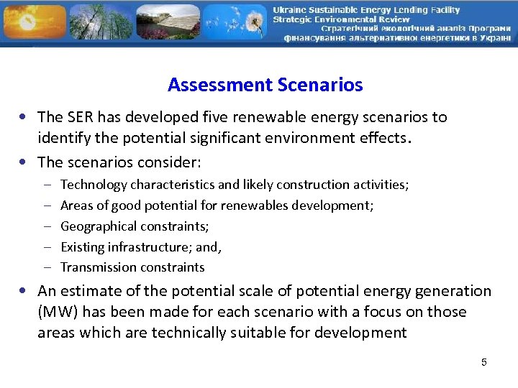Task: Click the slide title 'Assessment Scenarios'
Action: [265, 85]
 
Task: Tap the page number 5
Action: [484, 362]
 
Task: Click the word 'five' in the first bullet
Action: [239, 117]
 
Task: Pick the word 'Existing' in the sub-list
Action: [83, 247]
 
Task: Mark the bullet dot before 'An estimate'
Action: [25, 292]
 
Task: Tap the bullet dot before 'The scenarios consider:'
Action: [25, 162]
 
